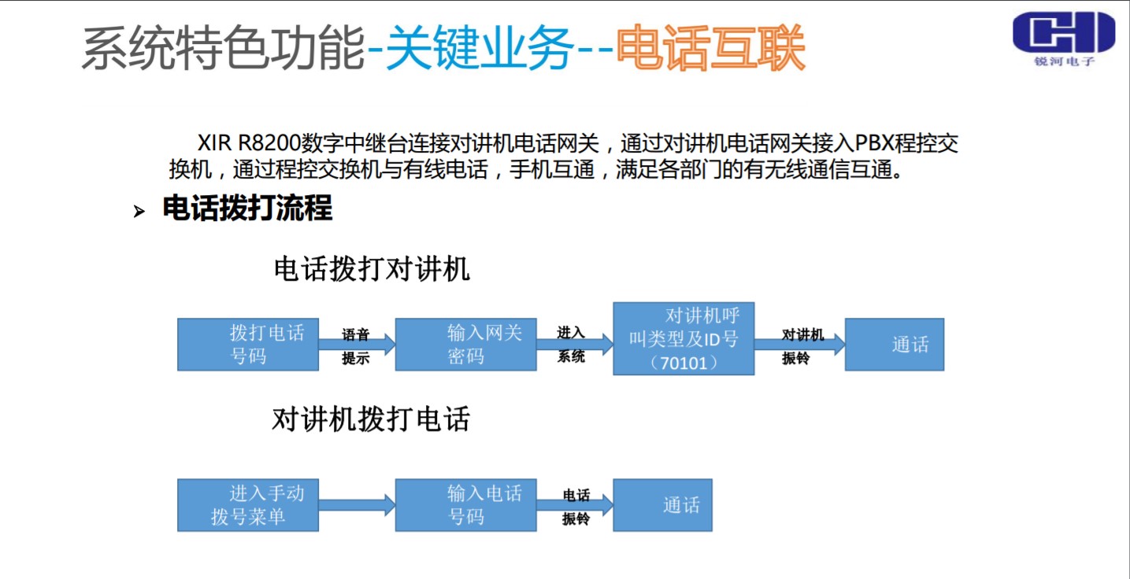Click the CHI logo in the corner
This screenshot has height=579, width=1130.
point(1063,38)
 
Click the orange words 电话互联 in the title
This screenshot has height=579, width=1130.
point(710,49)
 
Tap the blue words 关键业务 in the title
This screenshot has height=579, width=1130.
point(480,49)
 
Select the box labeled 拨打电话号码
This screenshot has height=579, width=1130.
point(247,345)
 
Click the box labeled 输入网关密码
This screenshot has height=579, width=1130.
point(465,345)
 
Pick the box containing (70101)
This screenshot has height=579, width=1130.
point(684,338)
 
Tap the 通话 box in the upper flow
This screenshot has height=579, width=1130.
point(894,345)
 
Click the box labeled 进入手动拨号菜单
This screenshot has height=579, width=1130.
point(247,505)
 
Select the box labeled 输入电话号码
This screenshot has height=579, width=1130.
point(465,505)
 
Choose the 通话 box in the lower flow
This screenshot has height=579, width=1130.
point(662,505)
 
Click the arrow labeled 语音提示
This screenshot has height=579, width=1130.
point(357,345)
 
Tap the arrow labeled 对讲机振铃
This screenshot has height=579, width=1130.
point(799,345)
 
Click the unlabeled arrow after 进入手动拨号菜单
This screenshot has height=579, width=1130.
point(357,505)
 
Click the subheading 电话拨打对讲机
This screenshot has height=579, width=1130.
point(371,269)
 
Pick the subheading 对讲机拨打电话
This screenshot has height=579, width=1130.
point(371,419)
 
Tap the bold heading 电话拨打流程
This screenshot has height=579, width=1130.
point(247,209)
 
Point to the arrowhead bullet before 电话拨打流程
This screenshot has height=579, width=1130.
point(139,212)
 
